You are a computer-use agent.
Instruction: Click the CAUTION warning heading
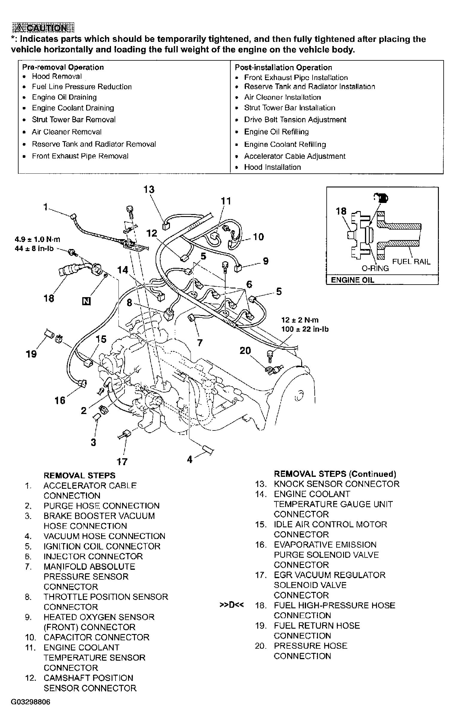click(43, 28)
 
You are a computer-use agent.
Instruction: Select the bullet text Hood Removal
click(57, 76)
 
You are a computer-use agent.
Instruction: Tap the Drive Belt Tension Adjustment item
click(295, 120)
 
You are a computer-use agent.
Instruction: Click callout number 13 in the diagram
click(149, 190)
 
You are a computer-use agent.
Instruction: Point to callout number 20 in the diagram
click(245, 351)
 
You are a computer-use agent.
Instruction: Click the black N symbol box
click(86, 301)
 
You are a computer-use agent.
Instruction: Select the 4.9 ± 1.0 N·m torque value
click(37, 239)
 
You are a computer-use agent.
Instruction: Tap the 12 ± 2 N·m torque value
click(300, 320)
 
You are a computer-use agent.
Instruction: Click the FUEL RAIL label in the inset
click(411, 262)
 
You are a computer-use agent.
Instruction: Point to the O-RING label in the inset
click(375, 268)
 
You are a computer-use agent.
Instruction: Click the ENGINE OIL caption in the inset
click(352, 280)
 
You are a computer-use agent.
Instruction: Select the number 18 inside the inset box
click(341, 211)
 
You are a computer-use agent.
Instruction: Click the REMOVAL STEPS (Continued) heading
click(335, 474)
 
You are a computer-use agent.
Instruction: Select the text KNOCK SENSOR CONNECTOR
click(337, 484)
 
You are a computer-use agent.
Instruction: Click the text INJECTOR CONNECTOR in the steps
click(93, 557)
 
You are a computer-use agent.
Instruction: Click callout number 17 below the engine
click(122, 462)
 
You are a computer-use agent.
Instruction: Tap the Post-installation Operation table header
click(283, 68)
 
